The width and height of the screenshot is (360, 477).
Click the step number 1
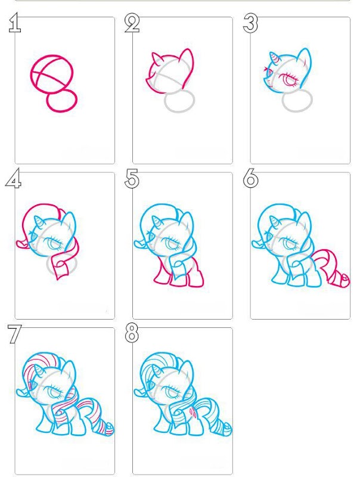14,23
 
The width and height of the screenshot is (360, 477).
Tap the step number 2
132,23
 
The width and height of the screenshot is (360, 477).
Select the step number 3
250,24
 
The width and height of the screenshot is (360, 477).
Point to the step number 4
13,178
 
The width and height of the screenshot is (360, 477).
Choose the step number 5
132,178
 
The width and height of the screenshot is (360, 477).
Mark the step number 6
250,178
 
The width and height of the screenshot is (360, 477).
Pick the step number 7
14,334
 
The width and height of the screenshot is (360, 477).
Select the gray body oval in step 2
179,111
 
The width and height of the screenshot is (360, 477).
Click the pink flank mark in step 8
193,412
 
